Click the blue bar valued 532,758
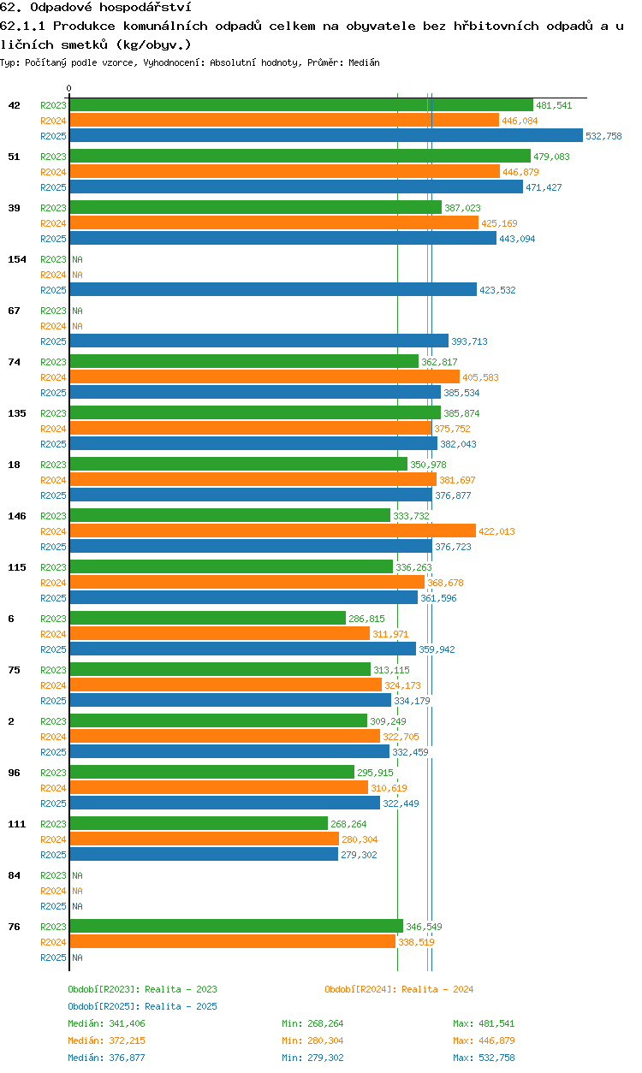tap(326, 135)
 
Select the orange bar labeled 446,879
tap(285, 171)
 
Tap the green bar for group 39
tap(256, 207)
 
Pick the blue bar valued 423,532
tap(274, 289)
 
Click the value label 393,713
tap(469, 341)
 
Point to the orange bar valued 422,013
tap(273, 531)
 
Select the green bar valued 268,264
tap(199, 823)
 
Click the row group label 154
tap(17, 259)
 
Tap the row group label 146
tap(17, 516)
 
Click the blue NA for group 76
tap(77, 957)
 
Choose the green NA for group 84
tap(77, 875)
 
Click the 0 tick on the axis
tap(69, 88)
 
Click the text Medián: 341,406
tap(106, 1023)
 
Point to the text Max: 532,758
tap(484, 1058)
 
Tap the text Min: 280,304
tap(312, 1040)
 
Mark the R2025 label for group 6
tap(53, 649)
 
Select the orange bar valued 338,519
tap(233, 942)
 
